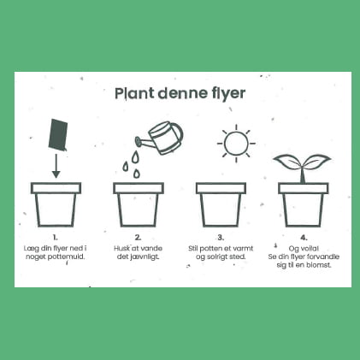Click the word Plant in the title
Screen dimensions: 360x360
point(134,93)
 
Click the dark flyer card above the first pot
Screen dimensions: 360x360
point(58,135)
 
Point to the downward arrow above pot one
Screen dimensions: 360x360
point(56,166)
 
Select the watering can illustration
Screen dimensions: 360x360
point(160,138)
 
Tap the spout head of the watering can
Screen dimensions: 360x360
point(138,141)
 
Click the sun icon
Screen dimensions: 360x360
point(236,144)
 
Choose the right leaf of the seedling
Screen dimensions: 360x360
point(316,161)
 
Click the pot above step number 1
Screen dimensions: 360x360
point(56,204)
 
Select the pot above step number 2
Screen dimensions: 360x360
point(139,204)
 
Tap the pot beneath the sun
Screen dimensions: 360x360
point(221,204)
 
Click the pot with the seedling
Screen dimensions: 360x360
point(304,204)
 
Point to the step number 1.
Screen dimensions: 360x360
point(56,238)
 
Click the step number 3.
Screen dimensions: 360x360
point(221,238)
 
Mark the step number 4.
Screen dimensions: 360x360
point(304,238)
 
